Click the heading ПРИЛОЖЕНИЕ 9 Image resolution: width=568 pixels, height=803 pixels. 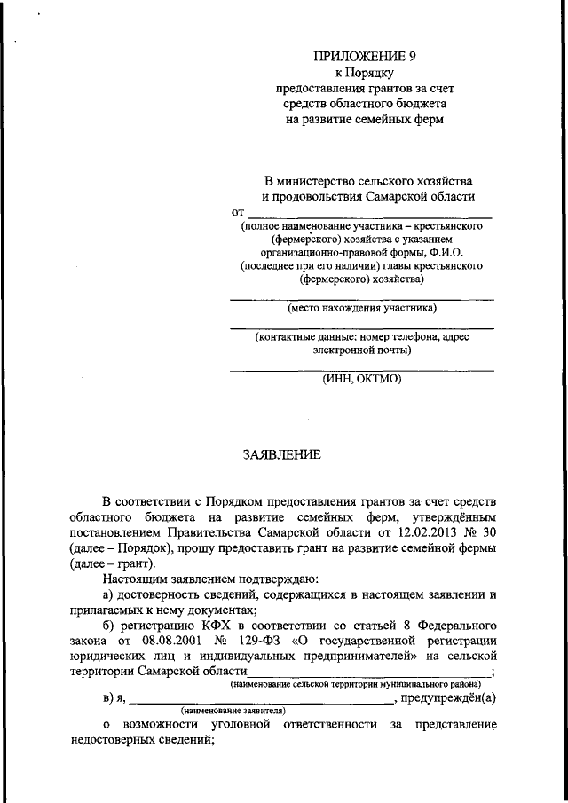click(x=364, y=55)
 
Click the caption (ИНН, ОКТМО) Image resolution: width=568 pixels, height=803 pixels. click(x=362, y=379)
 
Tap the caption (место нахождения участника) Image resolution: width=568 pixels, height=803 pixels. click(x=362, y=309)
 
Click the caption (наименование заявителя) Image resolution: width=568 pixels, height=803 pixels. click(x=233, y=712)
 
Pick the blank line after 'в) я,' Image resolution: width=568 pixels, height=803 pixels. click(x=261, y=699)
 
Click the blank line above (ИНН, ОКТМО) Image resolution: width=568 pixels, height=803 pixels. click(x=362, y=368)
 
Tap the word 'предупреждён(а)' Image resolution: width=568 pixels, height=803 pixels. click(x=448, y=698)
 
